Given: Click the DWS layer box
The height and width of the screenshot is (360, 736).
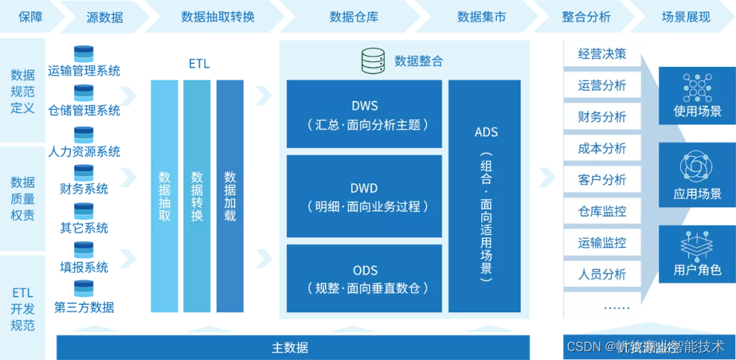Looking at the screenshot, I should point(365,115).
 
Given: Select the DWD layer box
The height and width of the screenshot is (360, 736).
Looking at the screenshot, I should point(365,197).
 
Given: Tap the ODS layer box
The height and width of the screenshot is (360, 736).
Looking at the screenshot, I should point(365,279).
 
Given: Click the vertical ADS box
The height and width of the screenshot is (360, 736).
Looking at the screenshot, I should point(485,196).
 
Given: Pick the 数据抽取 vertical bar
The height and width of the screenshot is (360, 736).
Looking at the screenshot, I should point(164,196).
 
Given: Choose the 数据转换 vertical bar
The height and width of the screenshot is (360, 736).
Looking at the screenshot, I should point(197,196).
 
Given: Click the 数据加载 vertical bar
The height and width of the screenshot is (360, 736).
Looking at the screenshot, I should point(230,196).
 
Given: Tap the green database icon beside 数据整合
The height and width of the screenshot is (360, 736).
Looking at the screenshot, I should point(374,61).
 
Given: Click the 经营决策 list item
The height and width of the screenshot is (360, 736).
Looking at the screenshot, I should point(602,54).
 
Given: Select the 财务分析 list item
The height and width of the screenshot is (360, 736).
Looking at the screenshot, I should point(602,117).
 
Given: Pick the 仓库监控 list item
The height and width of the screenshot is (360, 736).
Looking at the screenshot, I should point(602,211).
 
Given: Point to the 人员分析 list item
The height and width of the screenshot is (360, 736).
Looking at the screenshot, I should point(602,274).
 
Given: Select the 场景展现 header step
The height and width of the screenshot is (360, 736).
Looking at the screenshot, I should point(685,17).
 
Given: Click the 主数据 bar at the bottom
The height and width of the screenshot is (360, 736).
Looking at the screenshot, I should point(290,348).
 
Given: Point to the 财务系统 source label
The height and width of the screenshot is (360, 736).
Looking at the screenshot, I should point(83,189).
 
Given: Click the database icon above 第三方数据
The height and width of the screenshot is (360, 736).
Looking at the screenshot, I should point(84,288).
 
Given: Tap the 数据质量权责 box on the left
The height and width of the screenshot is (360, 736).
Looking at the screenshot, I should point(22,198).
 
